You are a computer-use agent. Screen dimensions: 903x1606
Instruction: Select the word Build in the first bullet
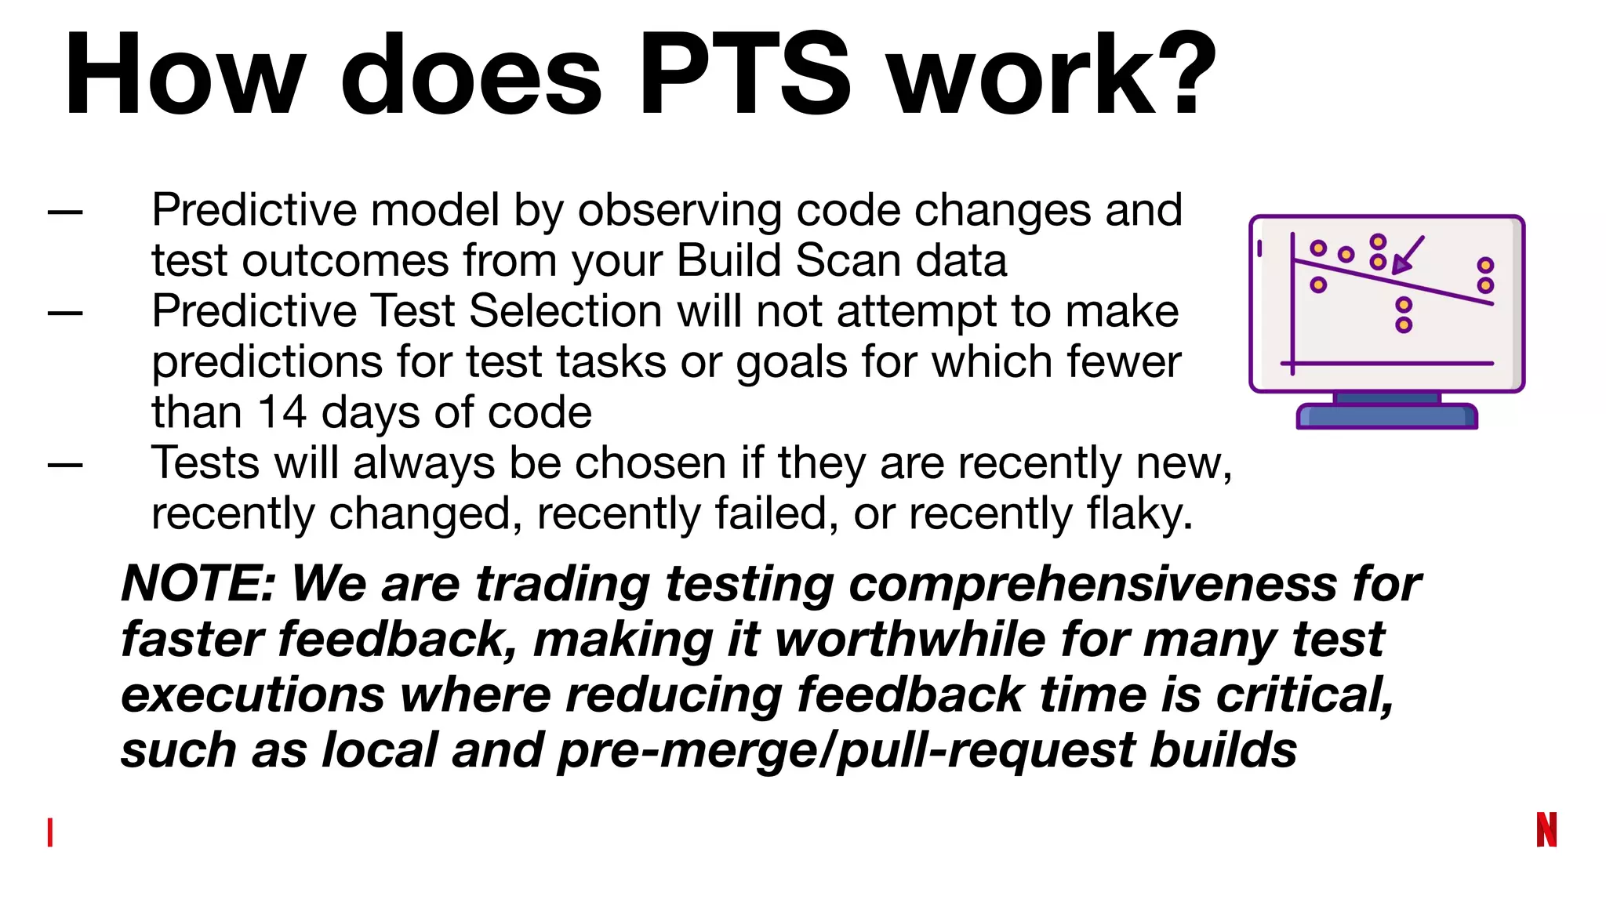729,260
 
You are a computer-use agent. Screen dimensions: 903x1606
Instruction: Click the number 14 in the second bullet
282,412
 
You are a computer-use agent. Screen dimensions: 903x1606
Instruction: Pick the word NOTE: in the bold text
198,584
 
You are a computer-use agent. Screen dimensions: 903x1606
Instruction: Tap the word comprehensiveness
1092,584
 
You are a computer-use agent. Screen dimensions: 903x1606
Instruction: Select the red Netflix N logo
1546,829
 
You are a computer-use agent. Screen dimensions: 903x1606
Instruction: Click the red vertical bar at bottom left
50,832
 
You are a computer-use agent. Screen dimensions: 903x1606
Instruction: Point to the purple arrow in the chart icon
1408,255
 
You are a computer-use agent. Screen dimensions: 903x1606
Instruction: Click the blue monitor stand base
1386,416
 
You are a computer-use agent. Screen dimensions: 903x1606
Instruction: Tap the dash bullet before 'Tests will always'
65,466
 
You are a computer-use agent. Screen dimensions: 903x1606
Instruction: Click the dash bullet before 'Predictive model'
65,212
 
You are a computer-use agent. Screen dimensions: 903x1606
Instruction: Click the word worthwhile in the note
910,640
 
